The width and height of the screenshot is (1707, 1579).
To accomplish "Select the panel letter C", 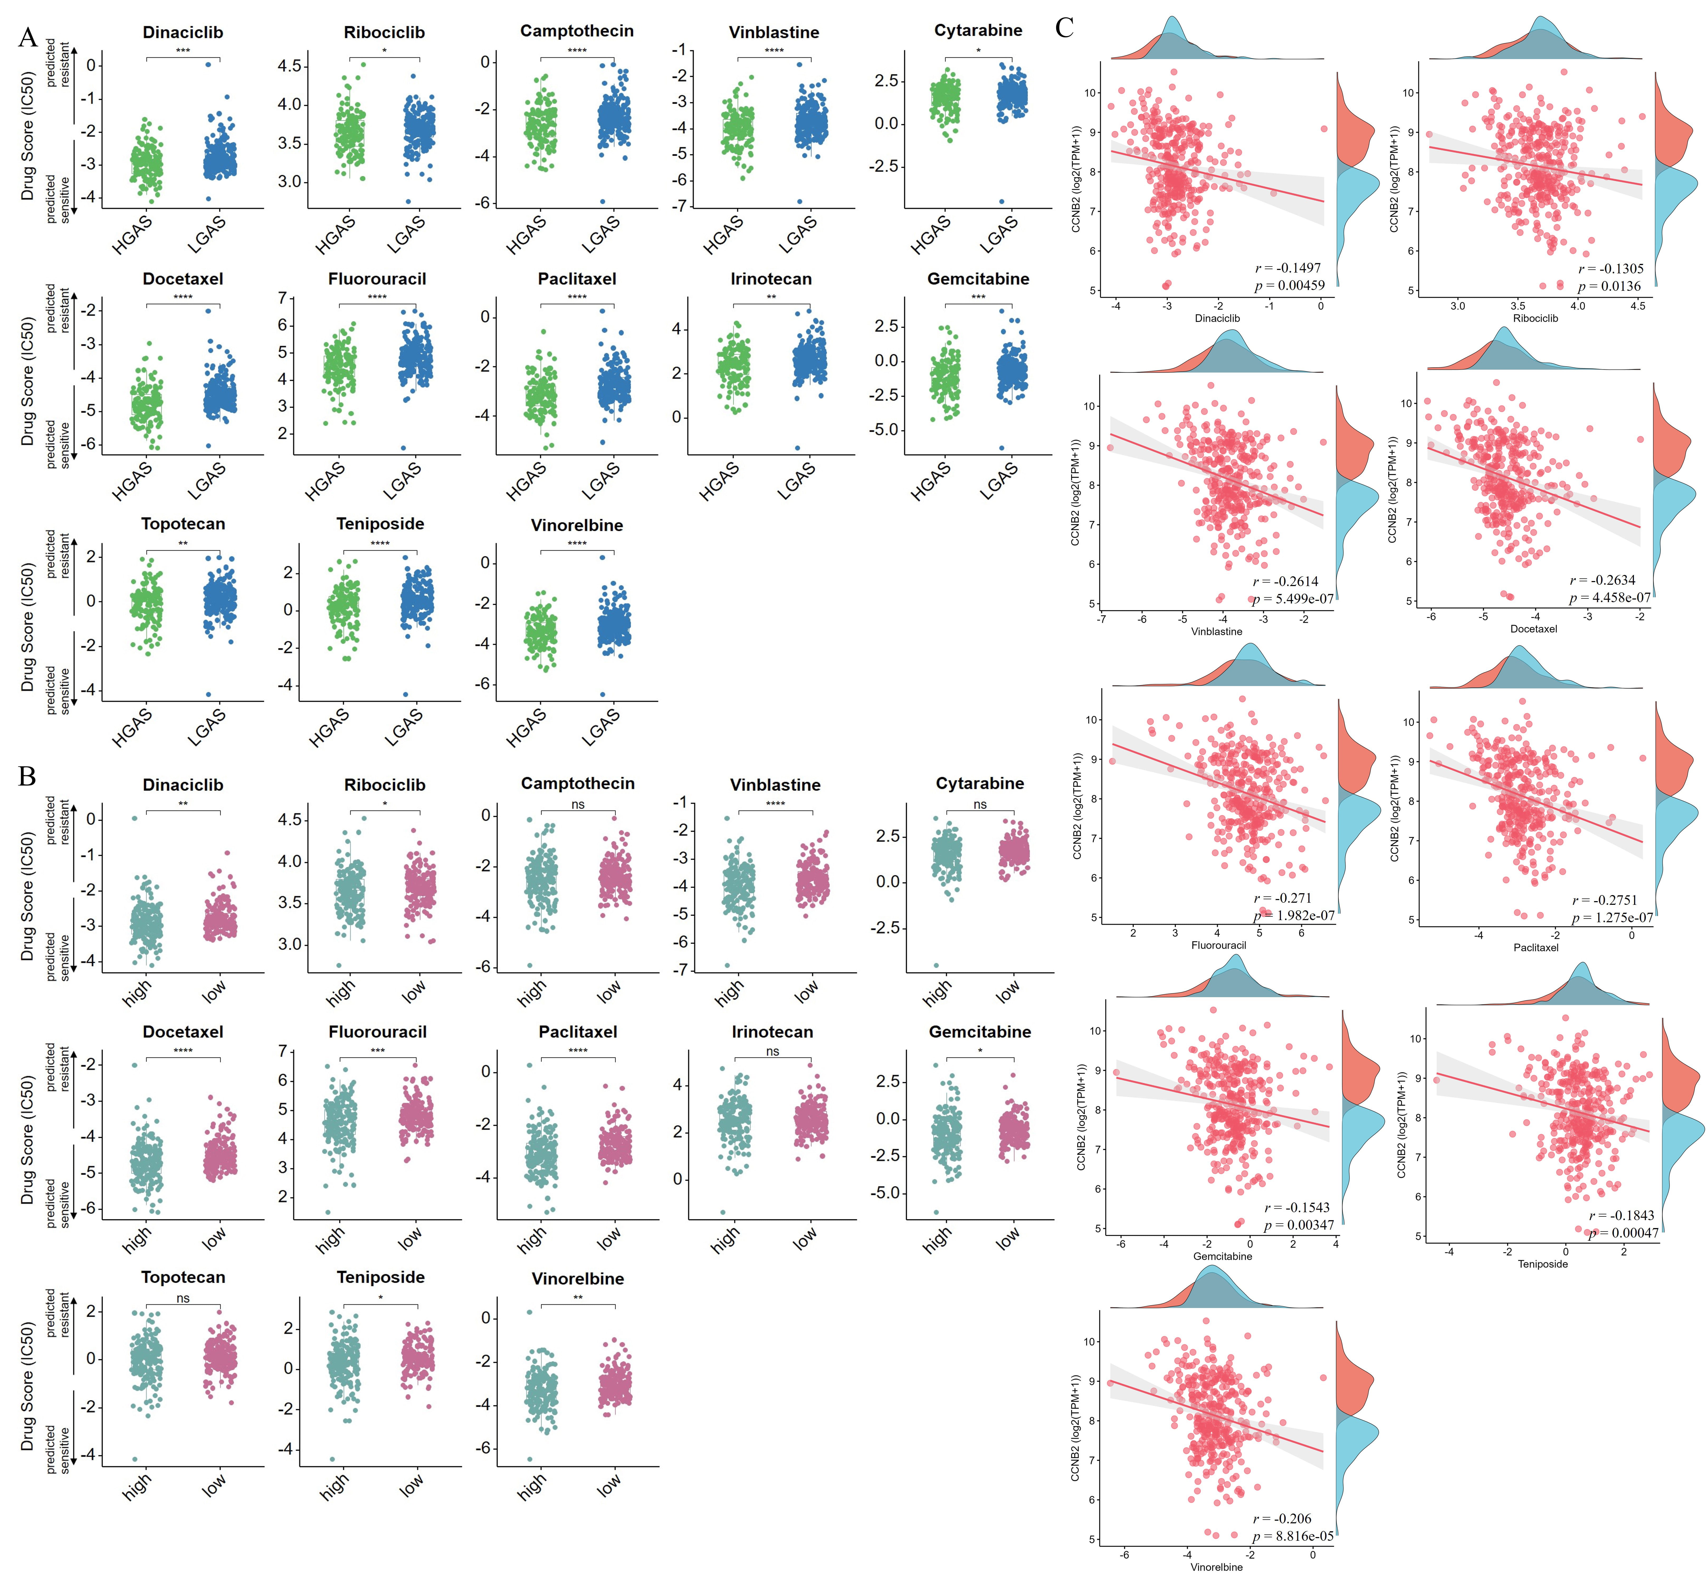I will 1064,28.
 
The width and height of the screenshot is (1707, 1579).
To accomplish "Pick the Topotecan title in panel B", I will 183,1277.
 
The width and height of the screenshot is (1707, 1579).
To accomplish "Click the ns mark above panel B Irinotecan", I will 772,1051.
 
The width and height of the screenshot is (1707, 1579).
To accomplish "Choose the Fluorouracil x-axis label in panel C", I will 1218,945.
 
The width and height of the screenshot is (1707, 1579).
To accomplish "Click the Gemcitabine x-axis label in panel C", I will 1223,1256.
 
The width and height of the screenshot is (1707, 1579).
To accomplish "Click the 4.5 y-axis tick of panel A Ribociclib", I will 290,66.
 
